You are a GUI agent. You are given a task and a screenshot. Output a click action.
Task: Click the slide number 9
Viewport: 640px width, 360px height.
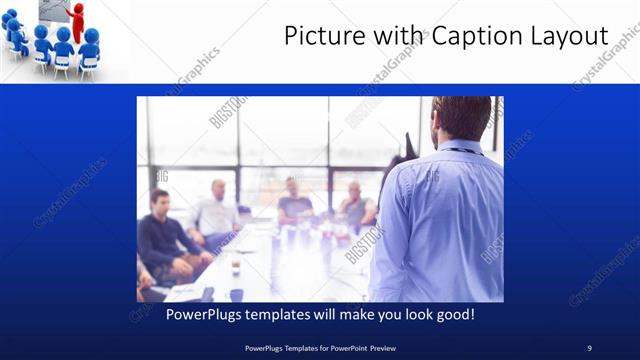pos(589,347)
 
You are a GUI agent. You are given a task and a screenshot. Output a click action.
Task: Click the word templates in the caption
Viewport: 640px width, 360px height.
pos(279,314)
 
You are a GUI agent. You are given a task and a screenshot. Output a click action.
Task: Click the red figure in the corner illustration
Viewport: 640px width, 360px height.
pos(77,22)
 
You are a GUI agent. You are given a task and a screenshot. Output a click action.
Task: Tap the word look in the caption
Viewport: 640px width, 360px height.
pos(409,314)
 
